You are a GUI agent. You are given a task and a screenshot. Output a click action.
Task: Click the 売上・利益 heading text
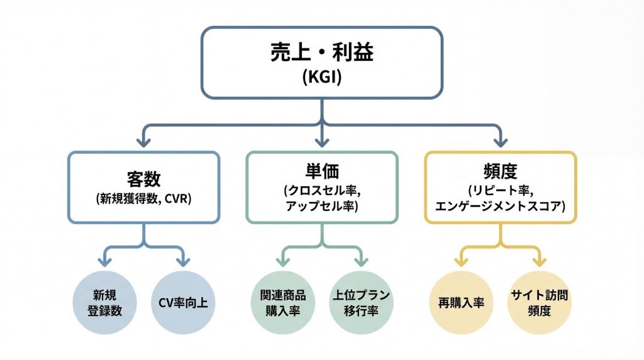point(321,53)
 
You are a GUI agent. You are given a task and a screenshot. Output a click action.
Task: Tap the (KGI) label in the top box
point(321,77)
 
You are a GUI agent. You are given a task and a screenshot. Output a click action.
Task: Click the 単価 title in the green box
point(321,172)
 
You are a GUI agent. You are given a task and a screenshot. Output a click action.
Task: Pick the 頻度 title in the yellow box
point(500,172)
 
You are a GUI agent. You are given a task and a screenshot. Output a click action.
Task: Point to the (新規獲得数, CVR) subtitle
point(144,199)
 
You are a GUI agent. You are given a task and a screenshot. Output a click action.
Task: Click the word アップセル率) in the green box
point(321,205)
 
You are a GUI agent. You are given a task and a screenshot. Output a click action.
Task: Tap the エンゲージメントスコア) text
point(500,205)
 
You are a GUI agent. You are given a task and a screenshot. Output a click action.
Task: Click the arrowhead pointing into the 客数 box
point(144,139)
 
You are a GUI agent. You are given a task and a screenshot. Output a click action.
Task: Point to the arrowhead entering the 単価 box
point(322,139)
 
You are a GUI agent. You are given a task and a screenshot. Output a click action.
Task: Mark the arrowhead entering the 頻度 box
point(501,139)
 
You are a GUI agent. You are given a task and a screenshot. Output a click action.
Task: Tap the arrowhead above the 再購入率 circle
point(461,259)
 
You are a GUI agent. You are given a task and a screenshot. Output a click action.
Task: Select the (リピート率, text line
point(500,190)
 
